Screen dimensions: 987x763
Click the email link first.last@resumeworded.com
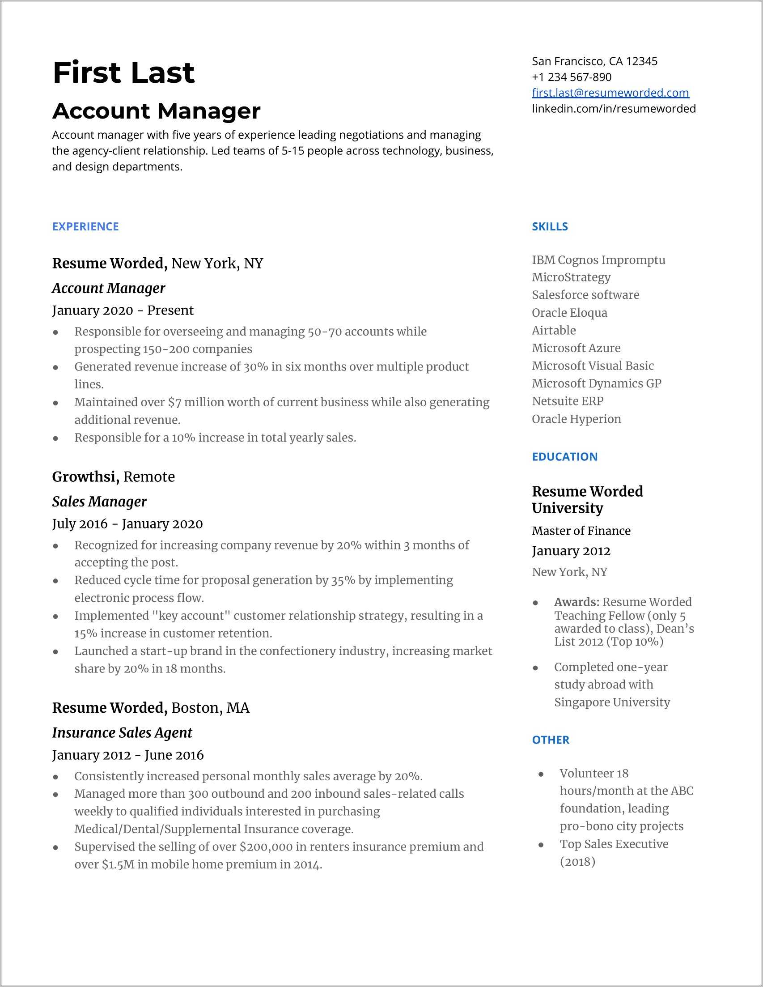pyautogui.click(x=610, y=93)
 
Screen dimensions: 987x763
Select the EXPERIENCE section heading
pyautogui.click(x=85, y=226)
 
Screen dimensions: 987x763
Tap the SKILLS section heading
pyautogui.click(x=550, y=226)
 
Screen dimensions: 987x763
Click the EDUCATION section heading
pyautogui.click(x=564, y=456)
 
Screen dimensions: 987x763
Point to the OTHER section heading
pyautogui.click(x=550, y=740)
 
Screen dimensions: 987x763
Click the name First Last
pyautogui.click(x=123, y=72)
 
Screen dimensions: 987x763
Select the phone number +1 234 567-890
pyautogui.click(x=572, y=77)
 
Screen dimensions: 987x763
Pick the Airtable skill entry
pyautogui.click(x=553, y=330)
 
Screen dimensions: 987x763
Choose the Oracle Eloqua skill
pyautogui.click(x=569, y=313)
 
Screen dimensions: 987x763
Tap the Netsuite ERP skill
pyautogui.click(x=568, y=401)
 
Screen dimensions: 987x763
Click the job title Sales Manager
pyautogui.click(x=99, y=502)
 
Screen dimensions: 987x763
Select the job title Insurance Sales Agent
pyautogui.click(x=122, y=732)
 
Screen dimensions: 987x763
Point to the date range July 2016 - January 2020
pyautogui.click(x=127, y=524)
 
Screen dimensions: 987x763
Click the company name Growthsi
pyautogui.click(x=84, y=477)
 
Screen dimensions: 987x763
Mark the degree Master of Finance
pyautogui.click(x=581, y=531)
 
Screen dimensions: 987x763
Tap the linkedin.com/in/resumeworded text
pyautogui.click(x=614, y=108)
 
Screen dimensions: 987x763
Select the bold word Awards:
pyautogui.click(x=576, y=602)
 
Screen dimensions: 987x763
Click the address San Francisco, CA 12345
pyautogui.click(x=594, y=61)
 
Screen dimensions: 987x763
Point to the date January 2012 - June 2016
pyautogui.click(x=127, y=755)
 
